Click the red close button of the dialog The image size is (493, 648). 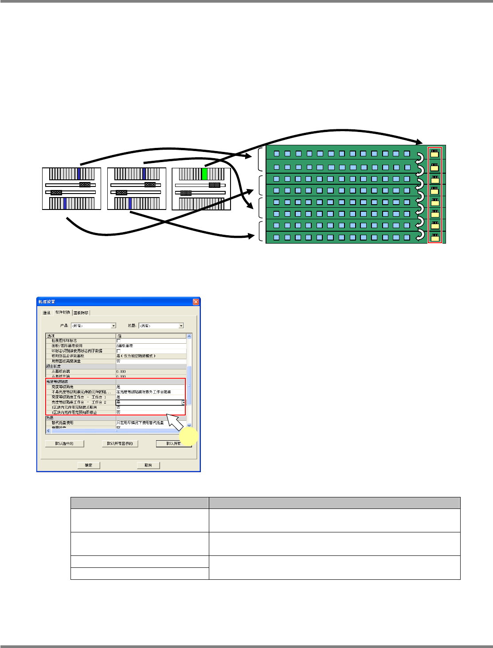pos(196,302)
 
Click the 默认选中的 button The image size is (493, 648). pos(65,443)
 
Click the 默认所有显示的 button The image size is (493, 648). pos(120,443)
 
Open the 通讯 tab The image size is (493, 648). pos(47,313)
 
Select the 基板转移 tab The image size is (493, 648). pos(82,313)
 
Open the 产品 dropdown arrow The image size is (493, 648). pos(113,326)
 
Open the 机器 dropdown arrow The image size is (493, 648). pos(181,326)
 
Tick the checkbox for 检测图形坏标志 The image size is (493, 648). pos(118,341)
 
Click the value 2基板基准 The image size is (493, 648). pos(125,345)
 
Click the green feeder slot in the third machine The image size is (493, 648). pos(204,174)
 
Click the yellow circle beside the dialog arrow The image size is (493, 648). pos(189,437)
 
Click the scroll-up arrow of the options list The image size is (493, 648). pos(189,336)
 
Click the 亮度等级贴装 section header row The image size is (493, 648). pos(80,381)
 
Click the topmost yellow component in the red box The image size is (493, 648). pos(435,154)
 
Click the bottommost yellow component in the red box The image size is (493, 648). pos(435,237)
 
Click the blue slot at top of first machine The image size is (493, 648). pos(79,174)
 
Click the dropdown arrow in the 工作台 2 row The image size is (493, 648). pos(184,402)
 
